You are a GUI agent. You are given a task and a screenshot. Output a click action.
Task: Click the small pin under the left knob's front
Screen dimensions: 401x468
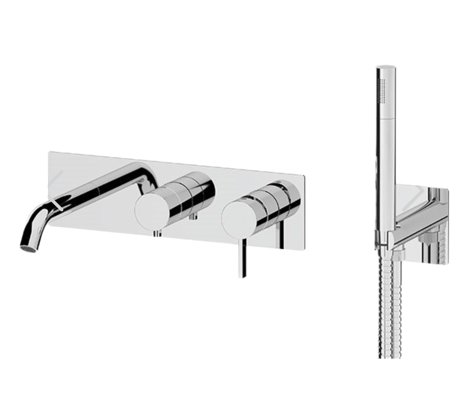pos(156,233)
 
